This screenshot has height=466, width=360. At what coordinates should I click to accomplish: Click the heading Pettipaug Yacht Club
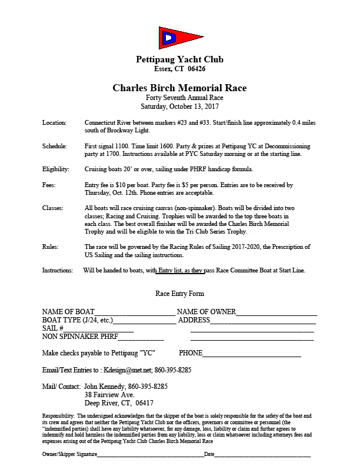pos(179,59)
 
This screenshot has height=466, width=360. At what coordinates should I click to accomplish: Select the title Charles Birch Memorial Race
pos(179,88)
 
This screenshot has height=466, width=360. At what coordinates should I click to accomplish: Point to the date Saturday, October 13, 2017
pos(179,106)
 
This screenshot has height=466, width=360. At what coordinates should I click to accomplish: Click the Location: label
pos(55,122)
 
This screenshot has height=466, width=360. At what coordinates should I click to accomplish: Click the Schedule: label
pos(55,145)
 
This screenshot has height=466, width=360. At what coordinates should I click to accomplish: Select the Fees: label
pos(49,185)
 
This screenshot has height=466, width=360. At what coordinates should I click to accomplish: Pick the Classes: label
pos(54,208)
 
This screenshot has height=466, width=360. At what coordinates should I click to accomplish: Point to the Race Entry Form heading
pos(179,293)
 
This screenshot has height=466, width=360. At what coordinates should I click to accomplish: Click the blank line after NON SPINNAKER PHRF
pos(141,338)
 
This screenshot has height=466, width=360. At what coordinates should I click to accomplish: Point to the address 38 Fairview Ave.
pos(109,395)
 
